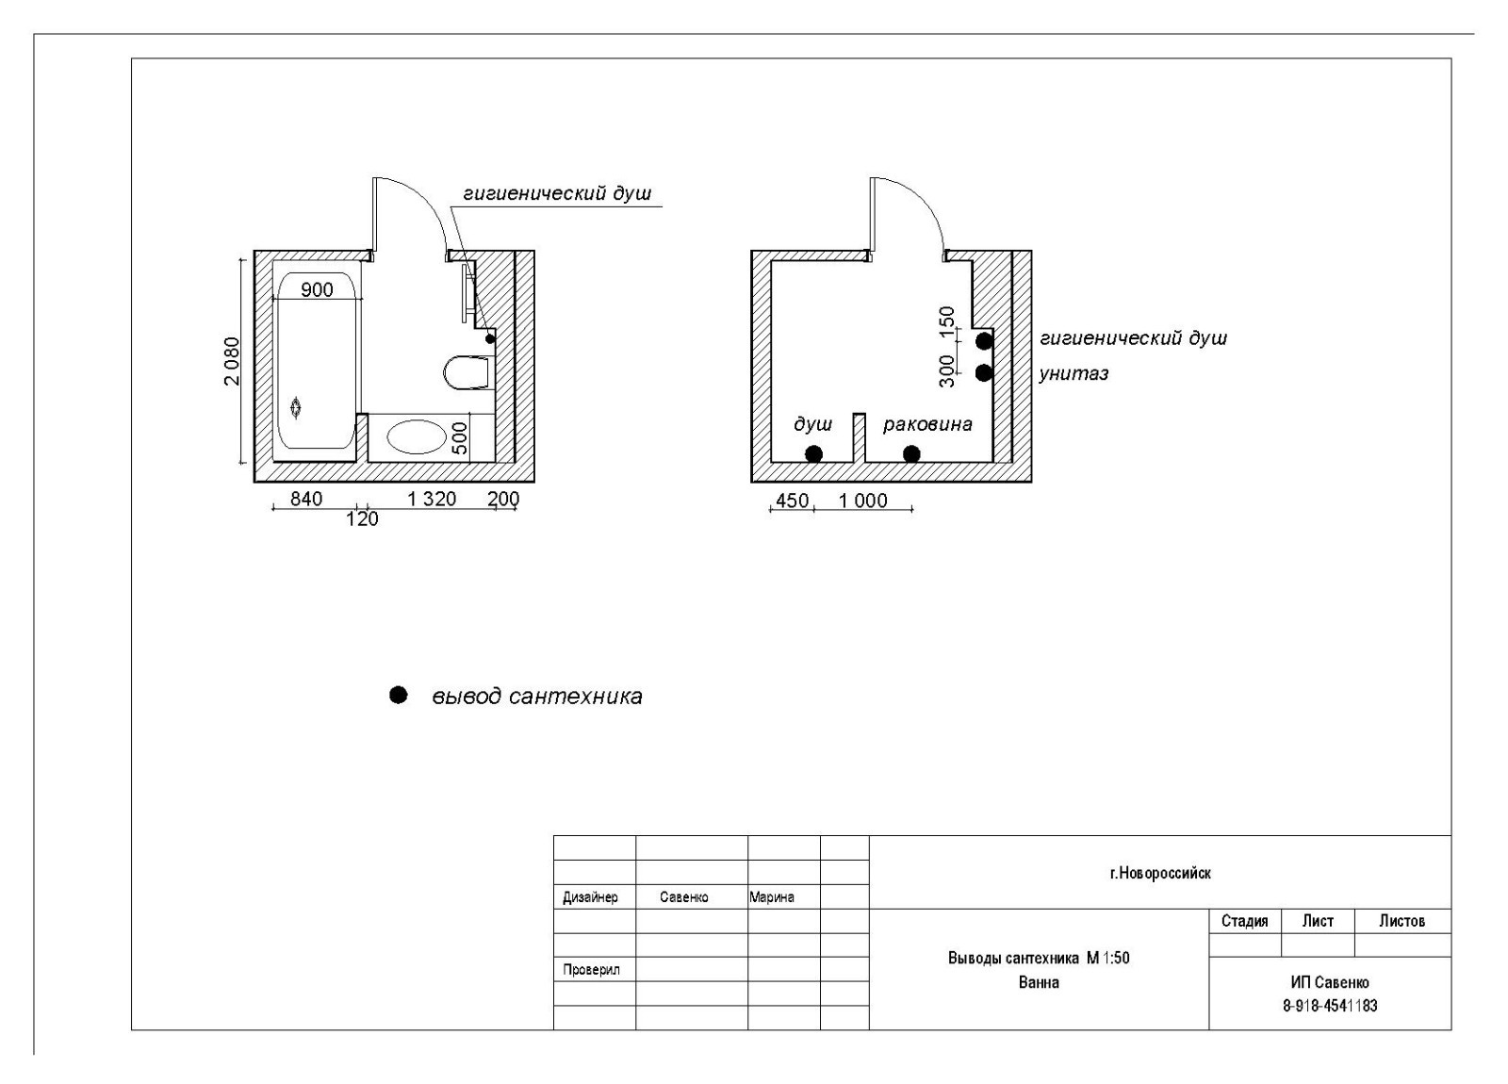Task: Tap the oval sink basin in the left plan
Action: point(416,437)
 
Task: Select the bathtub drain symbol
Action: point(297,408)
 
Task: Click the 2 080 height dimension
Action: point(232,361)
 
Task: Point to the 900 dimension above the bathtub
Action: point(317,289)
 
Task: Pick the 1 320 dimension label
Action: point(432,499)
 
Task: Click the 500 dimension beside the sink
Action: point(460,438)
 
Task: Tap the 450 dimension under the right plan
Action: point(792,501)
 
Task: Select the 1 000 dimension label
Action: point(863,501)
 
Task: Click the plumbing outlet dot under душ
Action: point(813,454)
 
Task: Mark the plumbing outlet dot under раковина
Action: point(911,454)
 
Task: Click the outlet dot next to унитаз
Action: point(984,372)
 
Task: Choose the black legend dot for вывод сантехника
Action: point(399,695)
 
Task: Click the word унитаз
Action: point(1074,373)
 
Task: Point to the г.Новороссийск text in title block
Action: point(1160,873)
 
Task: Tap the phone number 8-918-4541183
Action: point(1329,1006)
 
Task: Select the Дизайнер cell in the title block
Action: point(590,897)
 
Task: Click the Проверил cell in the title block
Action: point(591,969)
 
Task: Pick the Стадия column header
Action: point(1244,921)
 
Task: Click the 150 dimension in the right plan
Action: point(948,320)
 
